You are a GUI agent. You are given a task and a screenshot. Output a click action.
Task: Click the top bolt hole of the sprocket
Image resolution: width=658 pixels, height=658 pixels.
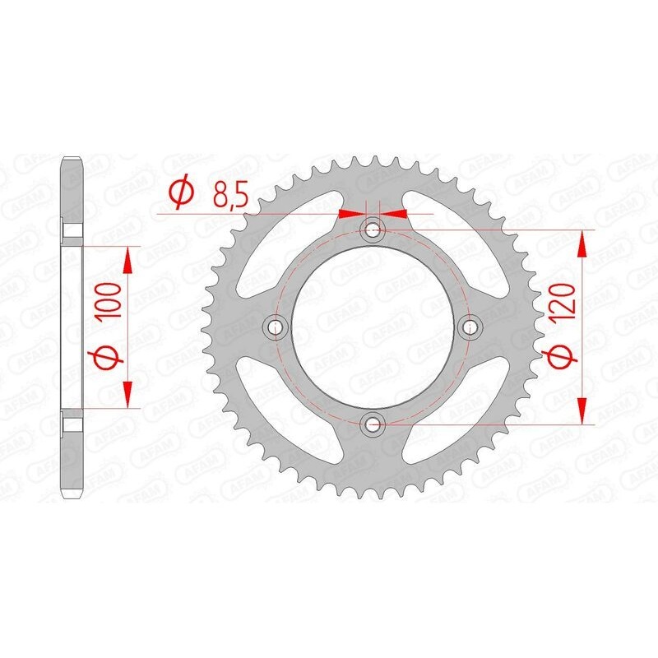click(x=373, y=228)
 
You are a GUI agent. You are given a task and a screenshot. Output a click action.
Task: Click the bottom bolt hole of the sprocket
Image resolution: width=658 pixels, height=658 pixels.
click(x=373, y=424)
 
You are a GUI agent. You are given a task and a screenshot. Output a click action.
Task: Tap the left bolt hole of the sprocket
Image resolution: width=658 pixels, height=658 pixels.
click(x=275, y=327)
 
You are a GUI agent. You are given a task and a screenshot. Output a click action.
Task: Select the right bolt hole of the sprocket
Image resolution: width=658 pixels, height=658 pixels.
click(x=471, y=327)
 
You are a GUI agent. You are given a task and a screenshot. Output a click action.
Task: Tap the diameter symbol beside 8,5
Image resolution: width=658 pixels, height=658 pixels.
click(x=180, y=193)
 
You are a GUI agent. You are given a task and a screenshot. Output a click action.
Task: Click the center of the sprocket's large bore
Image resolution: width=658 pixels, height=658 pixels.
click(x=373, y=327)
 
